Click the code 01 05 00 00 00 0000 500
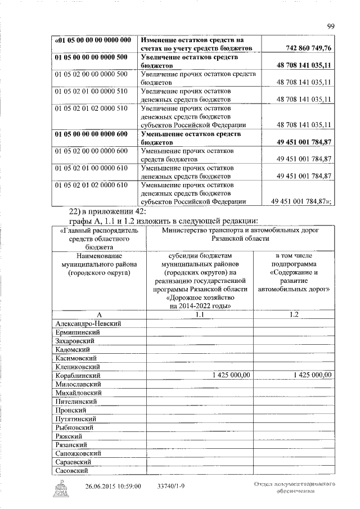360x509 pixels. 91,57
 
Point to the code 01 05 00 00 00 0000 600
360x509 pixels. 91,134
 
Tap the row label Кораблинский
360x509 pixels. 78,375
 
